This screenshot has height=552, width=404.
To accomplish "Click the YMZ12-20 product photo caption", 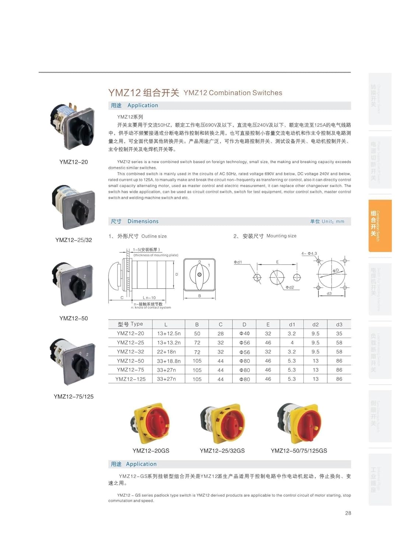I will [x=74, y=162].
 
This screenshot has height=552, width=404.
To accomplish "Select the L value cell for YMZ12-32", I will [x=166, y=352].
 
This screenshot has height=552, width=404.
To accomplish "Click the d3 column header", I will [x=339, y=325].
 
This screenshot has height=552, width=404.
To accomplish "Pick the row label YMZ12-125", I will [x=130, y=379].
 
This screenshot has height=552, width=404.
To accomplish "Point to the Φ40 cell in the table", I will [x=244, y=334].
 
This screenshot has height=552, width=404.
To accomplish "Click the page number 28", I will [x=348, y=513].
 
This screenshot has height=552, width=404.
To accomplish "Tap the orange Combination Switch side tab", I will [x=380, y=226].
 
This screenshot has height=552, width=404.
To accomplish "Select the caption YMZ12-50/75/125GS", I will [x=299, y=451].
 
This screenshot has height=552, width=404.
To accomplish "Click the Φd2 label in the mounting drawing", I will [x=290, y=287].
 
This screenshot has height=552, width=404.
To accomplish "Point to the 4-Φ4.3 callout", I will [x=309, y=254].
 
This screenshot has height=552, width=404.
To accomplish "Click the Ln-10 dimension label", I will [x=149, y=298].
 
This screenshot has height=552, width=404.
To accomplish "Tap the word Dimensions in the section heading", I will [x=143, y=221].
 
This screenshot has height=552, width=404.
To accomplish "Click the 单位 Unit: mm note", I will [x=327, y=222].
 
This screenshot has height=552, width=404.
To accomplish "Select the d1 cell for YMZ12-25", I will [x=292, y=343].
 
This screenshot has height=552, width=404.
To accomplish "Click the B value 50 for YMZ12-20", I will [x=197, y=334].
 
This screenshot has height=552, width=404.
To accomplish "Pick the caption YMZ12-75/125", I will [x=74, y=397].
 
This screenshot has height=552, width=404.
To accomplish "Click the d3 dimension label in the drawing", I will [x=329, y=294].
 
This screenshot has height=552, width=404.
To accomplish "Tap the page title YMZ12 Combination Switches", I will [x=233, y=93].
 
